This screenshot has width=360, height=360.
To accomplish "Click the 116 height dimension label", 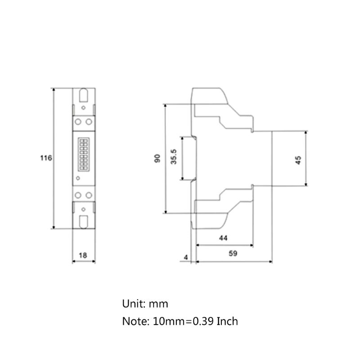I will coord(46,158).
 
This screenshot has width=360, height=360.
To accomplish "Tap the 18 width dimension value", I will coord(83,255).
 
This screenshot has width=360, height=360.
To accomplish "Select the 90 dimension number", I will coord(157,158).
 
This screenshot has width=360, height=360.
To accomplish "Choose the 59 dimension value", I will coord(232,253).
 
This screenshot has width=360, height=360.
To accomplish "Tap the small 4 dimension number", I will coord(186,258).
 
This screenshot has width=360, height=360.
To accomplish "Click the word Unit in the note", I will coord(133,304).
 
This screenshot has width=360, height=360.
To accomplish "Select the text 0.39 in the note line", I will coord(202,321).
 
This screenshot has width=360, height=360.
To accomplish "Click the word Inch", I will coord(227,321).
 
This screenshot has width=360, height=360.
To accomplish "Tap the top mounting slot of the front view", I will coord(84,96).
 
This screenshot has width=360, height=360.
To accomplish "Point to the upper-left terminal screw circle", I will coord(78,122).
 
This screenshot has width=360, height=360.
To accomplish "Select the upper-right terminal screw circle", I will coord(89,122).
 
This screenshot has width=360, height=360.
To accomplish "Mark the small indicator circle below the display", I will coord(78,178).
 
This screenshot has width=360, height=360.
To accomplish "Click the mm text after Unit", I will coord(160,304).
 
